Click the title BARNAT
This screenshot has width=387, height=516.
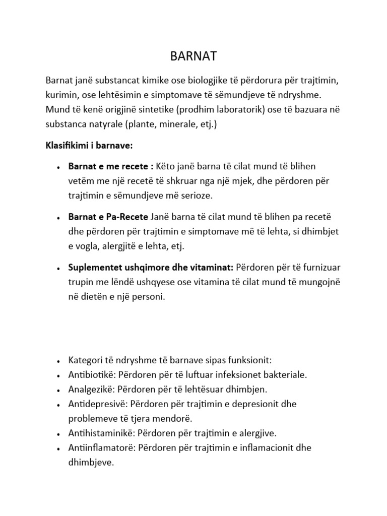tap(193, 56)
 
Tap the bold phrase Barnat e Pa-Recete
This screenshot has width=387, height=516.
tap(108, 217)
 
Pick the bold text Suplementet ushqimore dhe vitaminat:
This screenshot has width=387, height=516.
tap(151, 267)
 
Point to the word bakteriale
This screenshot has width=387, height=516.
tap(285, 375)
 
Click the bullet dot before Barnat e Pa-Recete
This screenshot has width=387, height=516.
tap(59, 218)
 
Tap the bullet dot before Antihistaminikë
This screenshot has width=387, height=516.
tap(59, 434)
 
